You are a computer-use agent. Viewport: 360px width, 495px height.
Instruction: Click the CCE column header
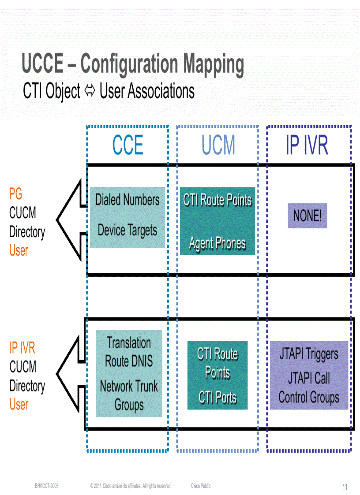(x=128, y=145)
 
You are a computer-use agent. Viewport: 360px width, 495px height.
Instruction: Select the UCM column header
(x=218, y=145)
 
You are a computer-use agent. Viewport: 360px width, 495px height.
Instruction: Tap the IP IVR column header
(x=307, y=145)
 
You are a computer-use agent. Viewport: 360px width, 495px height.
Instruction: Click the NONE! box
(x=307, y=216)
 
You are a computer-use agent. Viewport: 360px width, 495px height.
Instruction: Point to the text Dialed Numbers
(x=127, y=200)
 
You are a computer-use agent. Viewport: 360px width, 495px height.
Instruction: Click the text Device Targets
(x=127, y=230)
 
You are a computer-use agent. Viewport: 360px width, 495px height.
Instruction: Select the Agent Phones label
(x=217, y=243)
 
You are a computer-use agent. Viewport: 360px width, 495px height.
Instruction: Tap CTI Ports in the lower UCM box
(x=217, y=398)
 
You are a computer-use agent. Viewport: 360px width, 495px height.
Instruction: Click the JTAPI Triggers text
(x=309, y=354)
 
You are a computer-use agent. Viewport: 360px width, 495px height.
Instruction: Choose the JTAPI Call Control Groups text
(x=309, y=388)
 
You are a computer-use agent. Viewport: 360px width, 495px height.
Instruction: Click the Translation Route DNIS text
(x=129, y=352)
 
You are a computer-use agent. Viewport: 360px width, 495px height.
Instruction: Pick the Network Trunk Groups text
(x=129, y=395)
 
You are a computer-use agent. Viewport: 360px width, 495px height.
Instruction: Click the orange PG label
(x=15, y=194)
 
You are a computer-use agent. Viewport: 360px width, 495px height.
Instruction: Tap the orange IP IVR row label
(x=22, y=348)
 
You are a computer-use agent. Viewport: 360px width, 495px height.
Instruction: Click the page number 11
(x=345, y=487)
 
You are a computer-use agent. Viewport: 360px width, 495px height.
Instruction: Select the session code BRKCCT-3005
(x=47, y=486)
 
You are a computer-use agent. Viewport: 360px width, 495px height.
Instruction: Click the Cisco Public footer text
(x=201, y=486)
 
